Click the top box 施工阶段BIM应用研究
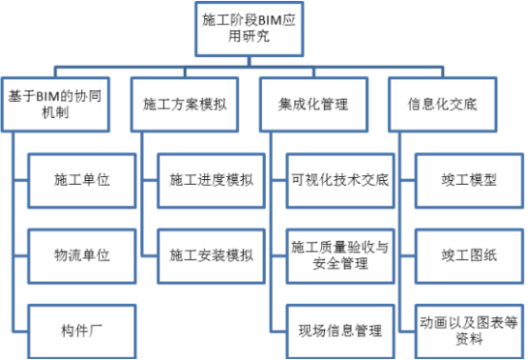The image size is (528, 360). coord(237,29)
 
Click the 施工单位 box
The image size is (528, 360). coord(81,179)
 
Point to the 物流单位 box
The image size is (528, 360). coord(81,255)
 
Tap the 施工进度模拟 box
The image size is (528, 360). coord(211,179)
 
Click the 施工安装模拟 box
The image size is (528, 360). coord(211,255)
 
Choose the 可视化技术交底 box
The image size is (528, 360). coord(340,179)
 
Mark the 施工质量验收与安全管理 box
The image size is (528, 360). coord(340,255)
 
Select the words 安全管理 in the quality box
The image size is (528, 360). coord(340,264)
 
